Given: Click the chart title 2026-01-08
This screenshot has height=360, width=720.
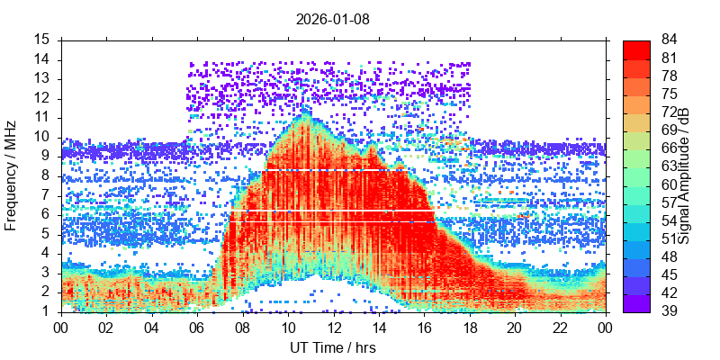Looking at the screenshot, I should coord(333,18).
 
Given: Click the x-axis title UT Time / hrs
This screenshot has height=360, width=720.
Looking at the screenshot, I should coord(333,347).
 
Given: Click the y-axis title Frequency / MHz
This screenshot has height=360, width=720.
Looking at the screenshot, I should coord(12,176).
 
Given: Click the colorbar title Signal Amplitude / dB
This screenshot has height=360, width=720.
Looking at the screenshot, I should coord(685,176).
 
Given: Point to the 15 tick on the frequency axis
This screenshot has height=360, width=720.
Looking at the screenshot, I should coord(42,40).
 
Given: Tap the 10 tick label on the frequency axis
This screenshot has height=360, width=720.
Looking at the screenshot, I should coord(42,137).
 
